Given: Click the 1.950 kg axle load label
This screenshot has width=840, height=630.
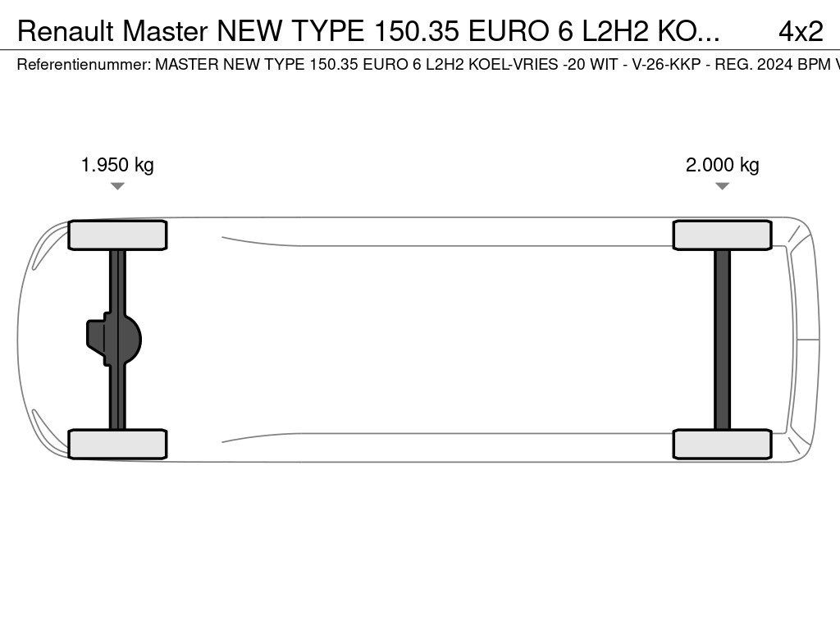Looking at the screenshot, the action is click(x=117, y=164).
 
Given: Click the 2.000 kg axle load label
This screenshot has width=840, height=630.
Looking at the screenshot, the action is click(x=722, y=164).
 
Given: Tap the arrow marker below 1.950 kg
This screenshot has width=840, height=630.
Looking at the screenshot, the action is click(x=117, y=186).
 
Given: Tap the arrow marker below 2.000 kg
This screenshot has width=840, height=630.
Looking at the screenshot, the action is click(x=722, y=186).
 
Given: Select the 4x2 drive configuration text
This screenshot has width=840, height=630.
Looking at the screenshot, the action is click(x=801, y=31).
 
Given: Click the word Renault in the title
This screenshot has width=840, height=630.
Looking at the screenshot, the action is click(x=66, y=31).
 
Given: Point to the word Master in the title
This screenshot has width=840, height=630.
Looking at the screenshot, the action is click(x=165, y=31).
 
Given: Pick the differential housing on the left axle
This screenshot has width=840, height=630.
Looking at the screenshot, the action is click(x=114, y=340).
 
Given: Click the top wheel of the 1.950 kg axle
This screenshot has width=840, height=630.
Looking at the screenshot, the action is click(x=117, y=235).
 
